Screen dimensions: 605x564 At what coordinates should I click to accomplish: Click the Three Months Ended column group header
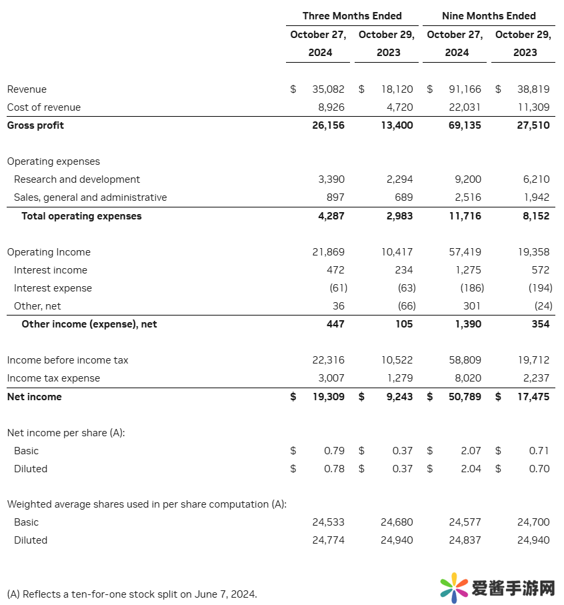(352, 15)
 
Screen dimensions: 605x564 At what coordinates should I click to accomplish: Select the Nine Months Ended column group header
(489, 15)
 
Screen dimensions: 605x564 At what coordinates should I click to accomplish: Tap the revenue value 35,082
(329, 89)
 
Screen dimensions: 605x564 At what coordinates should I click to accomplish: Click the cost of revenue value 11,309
(533, 107)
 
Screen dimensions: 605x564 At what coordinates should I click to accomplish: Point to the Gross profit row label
(35, 125)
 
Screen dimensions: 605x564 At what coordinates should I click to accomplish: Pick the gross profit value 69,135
(465, 125)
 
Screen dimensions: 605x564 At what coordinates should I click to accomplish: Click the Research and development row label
(77, 179)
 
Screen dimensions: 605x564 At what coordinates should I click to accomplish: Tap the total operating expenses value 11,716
(465, 216)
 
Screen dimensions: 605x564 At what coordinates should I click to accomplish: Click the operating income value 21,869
(329, 252)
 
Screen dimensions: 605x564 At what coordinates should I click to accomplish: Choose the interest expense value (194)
(540, 288)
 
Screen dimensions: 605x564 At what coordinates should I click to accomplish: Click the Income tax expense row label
(53, 378)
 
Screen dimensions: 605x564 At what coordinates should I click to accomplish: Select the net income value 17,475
(533, 397)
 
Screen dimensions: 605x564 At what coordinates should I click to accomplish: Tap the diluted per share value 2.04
(471, 469)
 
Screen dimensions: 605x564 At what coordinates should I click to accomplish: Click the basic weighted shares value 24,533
(329, 522)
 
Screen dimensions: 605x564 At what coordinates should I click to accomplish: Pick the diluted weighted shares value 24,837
(465, 540)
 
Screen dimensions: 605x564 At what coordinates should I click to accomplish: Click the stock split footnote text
(131, 594)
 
